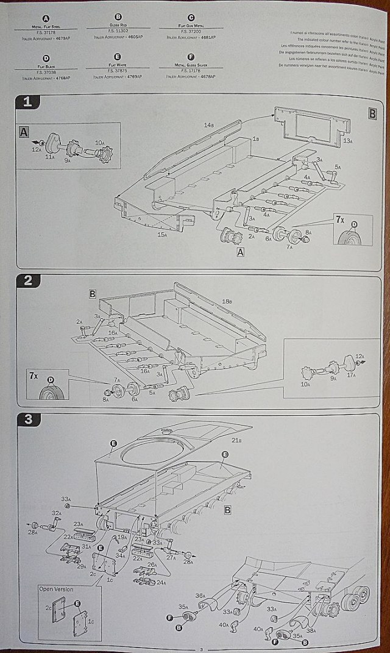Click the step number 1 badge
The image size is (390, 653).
27,102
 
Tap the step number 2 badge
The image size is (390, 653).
27,281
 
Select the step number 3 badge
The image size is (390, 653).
27,419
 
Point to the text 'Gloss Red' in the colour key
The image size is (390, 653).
118,27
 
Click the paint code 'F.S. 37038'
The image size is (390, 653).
46,71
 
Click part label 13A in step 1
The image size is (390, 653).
347,141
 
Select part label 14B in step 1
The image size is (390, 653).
209,125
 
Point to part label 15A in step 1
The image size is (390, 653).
161,234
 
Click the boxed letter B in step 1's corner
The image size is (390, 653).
372,113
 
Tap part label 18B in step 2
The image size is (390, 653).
227,301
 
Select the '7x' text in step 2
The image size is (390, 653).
33,376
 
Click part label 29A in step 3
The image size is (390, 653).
82,566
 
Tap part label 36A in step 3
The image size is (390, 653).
200,595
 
